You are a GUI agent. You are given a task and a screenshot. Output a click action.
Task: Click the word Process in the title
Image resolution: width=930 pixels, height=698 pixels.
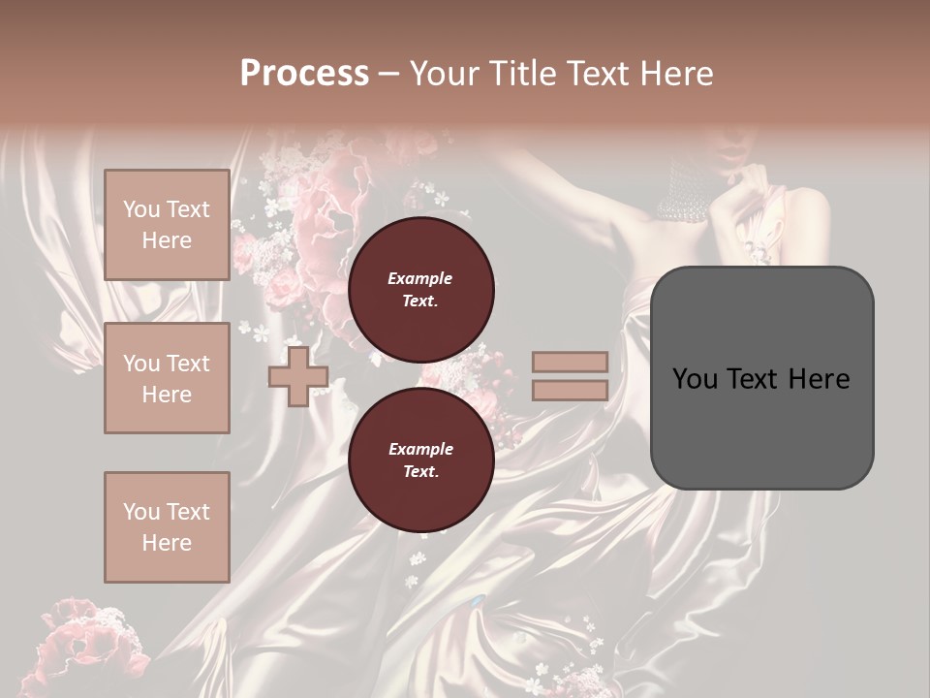pyautogui.click(x=304, y=74)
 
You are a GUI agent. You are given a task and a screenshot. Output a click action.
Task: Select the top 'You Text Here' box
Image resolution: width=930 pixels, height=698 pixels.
pyautogui.click(x=167, y=225)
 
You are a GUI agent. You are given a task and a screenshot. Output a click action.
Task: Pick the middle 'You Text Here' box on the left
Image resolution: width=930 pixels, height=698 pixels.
pyautogui.click(x=167, y=378)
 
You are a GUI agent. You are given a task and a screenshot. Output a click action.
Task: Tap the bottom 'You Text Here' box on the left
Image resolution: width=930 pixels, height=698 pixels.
pyautogui.click(x=167, y=527)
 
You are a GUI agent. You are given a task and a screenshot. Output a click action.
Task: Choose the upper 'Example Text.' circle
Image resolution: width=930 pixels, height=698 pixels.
pyautogui.click(x=420, y=290)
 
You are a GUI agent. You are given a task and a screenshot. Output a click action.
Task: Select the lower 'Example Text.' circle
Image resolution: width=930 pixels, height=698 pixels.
pyautogui.click(x=420, y=460)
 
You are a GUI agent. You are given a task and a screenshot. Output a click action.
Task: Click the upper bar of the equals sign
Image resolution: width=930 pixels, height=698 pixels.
pyautogui.click(x=571, y=363)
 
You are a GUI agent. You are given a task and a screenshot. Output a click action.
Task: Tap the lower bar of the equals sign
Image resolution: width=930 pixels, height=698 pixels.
pyautogui.click(x=571, y=391)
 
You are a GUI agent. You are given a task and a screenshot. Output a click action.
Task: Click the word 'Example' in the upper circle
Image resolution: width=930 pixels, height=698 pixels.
pyautogui.click(x=420, y=279)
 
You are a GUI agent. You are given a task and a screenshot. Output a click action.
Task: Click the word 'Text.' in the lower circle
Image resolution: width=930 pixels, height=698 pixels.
pyautogui.click(x=420, y=472)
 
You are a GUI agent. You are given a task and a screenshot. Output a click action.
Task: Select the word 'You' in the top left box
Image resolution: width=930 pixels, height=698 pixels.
pyautogui.click(x=141, y=209)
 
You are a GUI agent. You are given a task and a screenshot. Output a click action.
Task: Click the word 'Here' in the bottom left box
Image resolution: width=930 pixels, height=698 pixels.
pyautogui.click(x=167, y=543)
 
